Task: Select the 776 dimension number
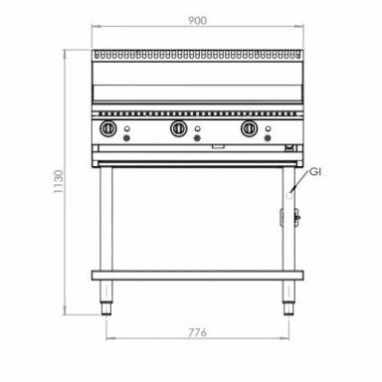(x=196, y=331)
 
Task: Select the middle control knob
(x=178, y=130)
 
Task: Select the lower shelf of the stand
(x=197, y=276)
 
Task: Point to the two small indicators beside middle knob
(x=198, y=131)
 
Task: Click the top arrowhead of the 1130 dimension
(x=69, y=49)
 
